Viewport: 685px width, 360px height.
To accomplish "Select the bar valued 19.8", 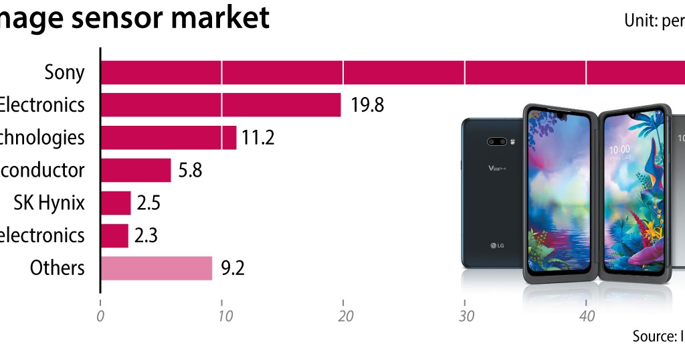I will (x=221, y=105).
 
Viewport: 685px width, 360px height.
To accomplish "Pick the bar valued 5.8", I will (x=136, y=171).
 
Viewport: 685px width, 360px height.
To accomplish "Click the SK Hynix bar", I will (x=116, y=203).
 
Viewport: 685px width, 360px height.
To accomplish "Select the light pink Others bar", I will (x=157, y=268).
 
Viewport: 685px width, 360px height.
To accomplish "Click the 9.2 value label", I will (x=232, y=268).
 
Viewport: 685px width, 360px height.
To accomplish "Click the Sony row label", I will (x=64, y=72).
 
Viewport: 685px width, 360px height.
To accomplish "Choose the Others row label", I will (x=58, y=268).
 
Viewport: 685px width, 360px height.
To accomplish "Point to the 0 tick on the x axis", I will (x=100, y=316).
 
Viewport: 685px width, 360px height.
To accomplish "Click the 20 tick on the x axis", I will (x=343, y=316).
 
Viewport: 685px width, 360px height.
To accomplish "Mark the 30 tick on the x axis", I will (x=464, y=316).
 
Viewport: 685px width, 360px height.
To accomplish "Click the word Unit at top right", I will (x=639, y=21).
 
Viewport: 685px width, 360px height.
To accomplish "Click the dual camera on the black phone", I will (x=496, y=142).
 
